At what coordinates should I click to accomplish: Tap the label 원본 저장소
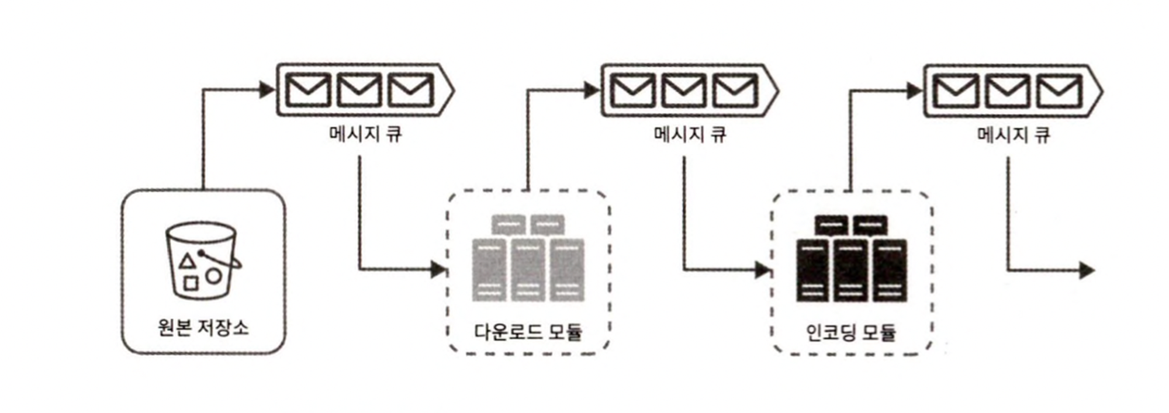[x=203, y=327]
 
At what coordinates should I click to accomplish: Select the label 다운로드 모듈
[x=528, y=332]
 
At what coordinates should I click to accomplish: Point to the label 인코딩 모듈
[x=850, y=332]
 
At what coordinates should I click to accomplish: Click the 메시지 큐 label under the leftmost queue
[x=365, y=134]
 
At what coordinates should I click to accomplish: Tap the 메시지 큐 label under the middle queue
[x=690, y=134]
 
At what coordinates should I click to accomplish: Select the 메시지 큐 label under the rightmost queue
[x=1013, y=135]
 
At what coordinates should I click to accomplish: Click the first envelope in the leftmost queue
[x=307, y=90]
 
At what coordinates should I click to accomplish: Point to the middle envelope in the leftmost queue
[x=359, y=90]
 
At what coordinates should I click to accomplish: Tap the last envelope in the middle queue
[x=735, y=91]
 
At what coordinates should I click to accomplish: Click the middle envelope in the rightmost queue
[x=1007, y=91]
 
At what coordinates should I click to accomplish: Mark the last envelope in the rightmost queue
[x=1059, y=91]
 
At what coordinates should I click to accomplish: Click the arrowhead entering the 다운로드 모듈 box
[x=438, y=270]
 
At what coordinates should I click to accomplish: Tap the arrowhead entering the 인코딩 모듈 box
[x=762, y=270]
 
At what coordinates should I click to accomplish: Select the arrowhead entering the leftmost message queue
[x=267, y=89]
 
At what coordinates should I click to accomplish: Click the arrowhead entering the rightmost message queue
[x=914, y=91]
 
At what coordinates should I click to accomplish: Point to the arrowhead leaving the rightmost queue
[x=1087, y=270]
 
